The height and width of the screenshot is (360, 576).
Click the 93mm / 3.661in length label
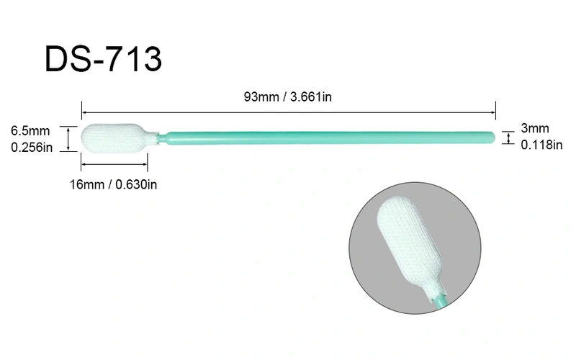click(x=288, y=98)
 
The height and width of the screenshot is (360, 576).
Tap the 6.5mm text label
click(x=30, y=131)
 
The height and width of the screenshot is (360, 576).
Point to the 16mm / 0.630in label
click(x=114, y=184)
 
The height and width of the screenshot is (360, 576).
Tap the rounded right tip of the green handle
click(x=493, y=136)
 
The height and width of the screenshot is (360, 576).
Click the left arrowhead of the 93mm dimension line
click(x=85, y=112)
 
